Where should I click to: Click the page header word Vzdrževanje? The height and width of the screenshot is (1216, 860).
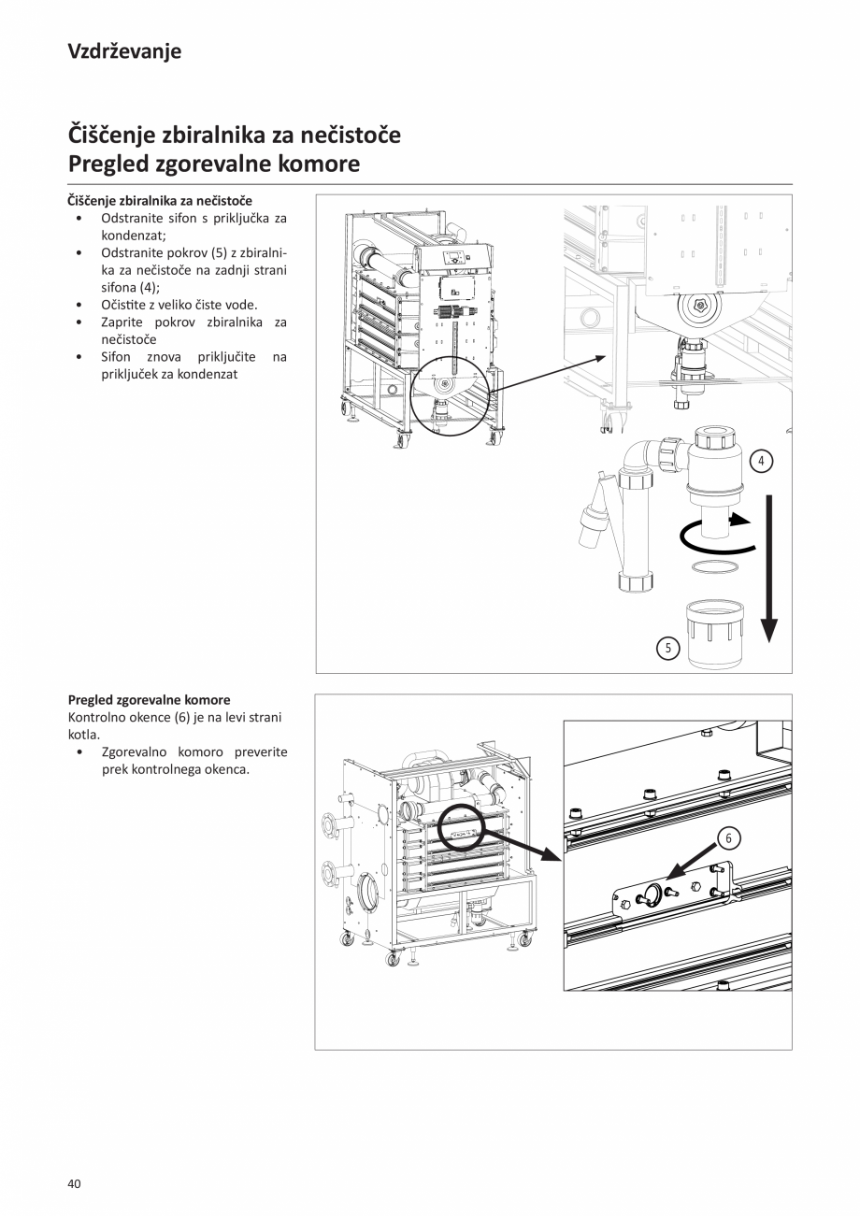(x=124, y=51)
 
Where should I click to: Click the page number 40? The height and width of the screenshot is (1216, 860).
(x=75, y=1184)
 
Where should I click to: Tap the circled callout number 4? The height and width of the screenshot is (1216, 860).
(x=762, y=461)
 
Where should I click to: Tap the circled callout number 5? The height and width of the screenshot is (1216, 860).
(x=666, y=648)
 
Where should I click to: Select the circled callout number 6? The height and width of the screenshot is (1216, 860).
(x=727, y=838)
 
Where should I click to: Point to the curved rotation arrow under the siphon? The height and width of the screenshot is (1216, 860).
(x=715, y=534)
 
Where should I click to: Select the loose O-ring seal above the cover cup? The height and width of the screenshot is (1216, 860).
(x=714, y=567)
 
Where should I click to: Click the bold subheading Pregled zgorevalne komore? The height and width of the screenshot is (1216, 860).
(x=149, y=699)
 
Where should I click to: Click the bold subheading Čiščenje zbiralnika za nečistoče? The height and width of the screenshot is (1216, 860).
(x=160, y=200)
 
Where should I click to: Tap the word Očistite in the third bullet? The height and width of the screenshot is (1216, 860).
(x=125, y=305)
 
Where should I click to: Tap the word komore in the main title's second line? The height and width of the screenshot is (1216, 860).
(x=315, y=165)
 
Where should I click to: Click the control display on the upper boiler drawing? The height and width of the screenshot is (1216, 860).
(x=454, y=259)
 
